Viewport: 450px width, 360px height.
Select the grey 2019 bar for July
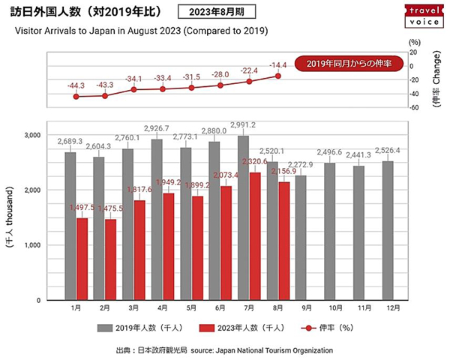[243, 217]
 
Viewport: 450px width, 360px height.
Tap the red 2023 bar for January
[82, 259]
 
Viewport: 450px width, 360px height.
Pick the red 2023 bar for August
[284, 241]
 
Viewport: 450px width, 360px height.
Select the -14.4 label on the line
[279, 64]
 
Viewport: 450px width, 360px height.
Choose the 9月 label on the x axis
[301, 308]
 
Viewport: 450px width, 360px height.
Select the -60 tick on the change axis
[411, 107]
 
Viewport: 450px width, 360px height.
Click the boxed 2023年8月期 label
[217, 13]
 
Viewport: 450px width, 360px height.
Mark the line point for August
[278, 76]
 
